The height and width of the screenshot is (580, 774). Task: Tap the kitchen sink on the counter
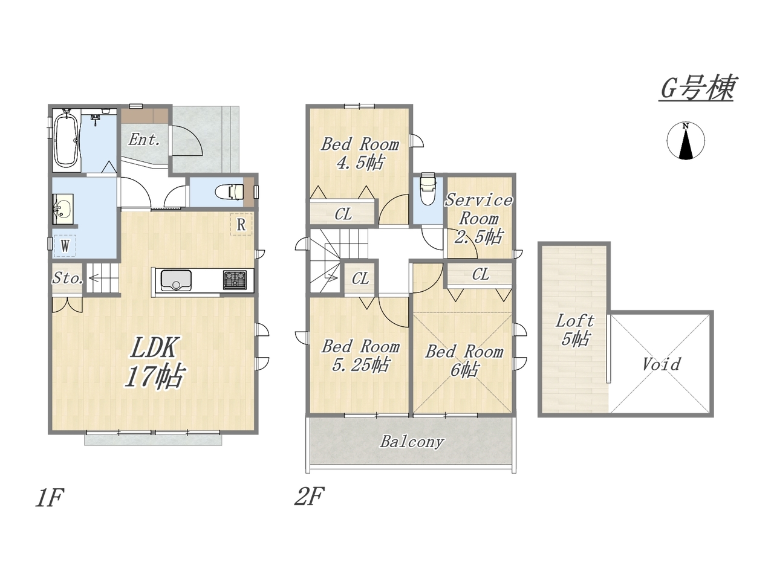[x=176, y=280]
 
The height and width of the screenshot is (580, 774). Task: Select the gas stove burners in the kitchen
[x=235, y=280]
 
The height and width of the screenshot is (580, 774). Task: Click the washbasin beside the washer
[x=63, y=209]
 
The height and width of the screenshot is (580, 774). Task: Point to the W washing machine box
[x=65, y=246]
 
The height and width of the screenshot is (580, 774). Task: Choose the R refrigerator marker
[x=241, y=224]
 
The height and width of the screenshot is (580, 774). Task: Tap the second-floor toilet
[x=428, y=188]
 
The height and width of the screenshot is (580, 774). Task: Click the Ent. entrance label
[x=144, y=140]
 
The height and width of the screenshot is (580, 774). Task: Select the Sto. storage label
[x=68, y=278]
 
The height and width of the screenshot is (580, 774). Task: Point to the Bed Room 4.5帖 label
[x=360, y=153]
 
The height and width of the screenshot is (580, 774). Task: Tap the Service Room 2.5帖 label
[x=478, y=219]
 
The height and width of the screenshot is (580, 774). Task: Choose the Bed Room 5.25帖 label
[x=360, y=356]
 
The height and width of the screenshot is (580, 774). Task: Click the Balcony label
[x=412, y=441]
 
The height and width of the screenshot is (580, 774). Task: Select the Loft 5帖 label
[x=575, y=330]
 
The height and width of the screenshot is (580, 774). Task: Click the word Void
[x=661, y=364]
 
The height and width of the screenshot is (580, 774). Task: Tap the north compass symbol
[x=686, y=141]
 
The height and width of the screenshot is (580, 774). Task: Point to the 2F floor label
[x=309, y=496]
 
